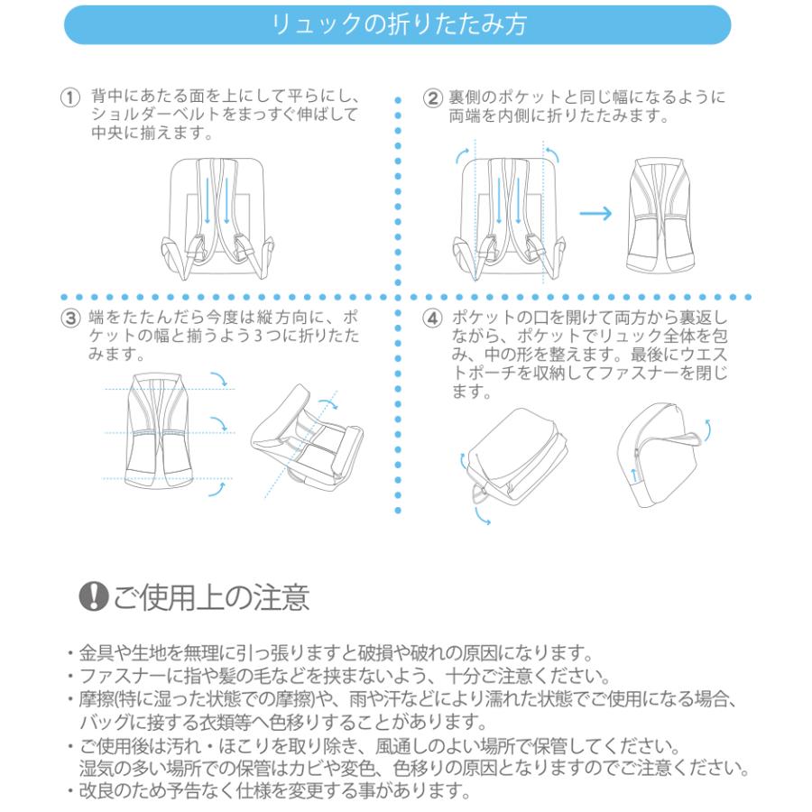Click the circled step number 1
point(68,97)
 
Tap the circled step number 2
point(434,97)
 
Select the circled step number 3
point(68,318)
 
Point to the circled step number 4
point(434,318)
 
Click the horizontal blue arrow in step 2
point(595,214)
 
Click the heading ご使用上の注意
point(212,596)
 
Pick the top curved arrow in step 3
point(218,378)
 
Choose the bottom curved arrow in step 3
point(217,488)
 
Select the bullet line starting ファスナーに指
point(335,676)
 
